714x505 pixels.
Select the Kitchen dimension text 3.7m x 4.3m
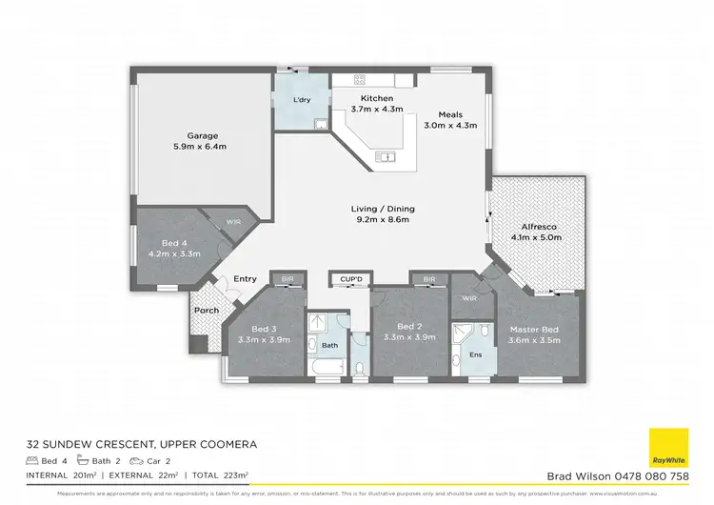pyautogui.click(x=376, y=110)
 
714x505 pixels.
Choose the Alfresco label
pyautogui.click(x=532, y=227)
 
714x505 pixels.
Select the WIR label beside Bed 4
pyautogui.click(x=233, y=221)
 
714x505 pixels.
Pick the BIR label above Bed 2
pyautogui.click(x=428, y=279)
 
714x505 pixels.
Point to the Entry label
pyautogui.click(x=246, y=278)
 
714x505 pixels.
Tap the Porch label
pyautogui.click(x=206, y=310)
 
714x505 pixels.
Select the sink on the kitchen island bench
pyautogui.click(x=385, y=156)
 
